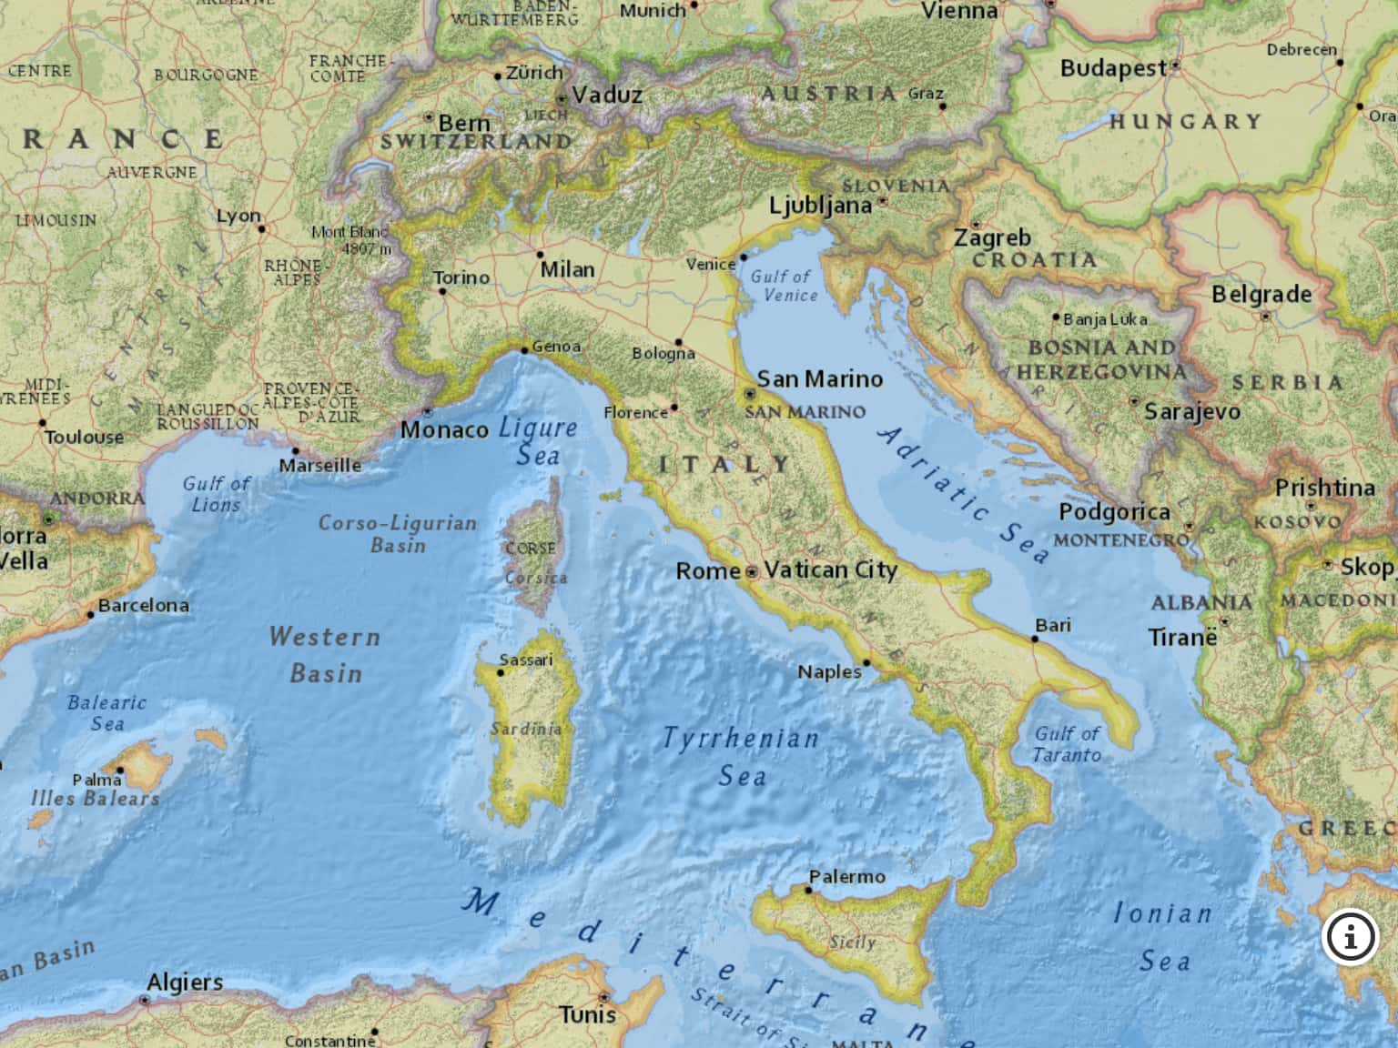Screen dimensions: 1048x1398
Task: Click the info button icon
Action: pyautogui.click(x=1350, y=936)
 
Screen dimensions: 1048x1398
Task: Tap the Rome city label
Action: pyautogui.click(x=707, y=571)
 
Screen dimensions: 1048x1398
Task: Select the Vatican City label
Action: pyautogui.click(x=831, y=570)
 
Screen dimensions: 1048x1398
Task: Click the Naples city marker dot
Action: pyautogui.click(x=866, y=663)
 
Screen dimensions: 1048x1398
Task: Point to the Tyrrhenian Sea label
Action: pyautogui.click(x=741, y=756)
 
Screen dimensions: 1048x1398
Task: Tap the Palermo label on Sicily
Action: pyautogui.click(x=846, y=877)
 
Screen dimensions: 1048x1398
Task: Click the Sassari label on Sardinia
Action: pyautogui.click(x=525, y=660)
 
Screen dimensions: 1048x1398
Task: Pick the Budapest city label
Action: pyautogui.click(x=1112, y=68)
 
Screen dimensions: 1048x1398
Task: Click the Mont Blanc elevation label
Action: pyautogui.click(x=351, y=240)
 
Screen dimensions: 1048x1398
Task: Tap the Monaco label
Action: pyautogui.click(x=444, y=429)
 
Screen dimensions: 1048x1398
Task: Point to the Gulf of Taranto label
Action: pyautogui.click(x=1067, y=744)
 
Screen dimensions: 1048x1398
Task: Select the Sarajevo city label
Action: pyautogui.click(x=1191, y=412)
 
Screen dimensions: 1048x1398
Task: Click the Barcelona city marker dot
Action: pyautogui.click(x=90, y=615)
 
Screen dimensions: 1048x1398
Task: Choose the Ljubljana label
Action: pyautogui.click(x=820, y=206)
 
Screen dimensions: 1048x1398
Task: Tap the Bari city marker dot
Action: pyautogui.click(x=1034, y=640)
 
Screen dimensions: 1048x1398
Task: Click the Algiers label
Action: pyautogui.click(x=185, y=982)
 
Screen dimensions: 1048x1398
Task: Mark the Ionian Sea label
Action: pyautogui.click(x=1163, y=937)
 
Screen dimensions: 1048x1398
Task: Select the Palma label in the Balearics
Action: pyautogui.click(x=96, y=780)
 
